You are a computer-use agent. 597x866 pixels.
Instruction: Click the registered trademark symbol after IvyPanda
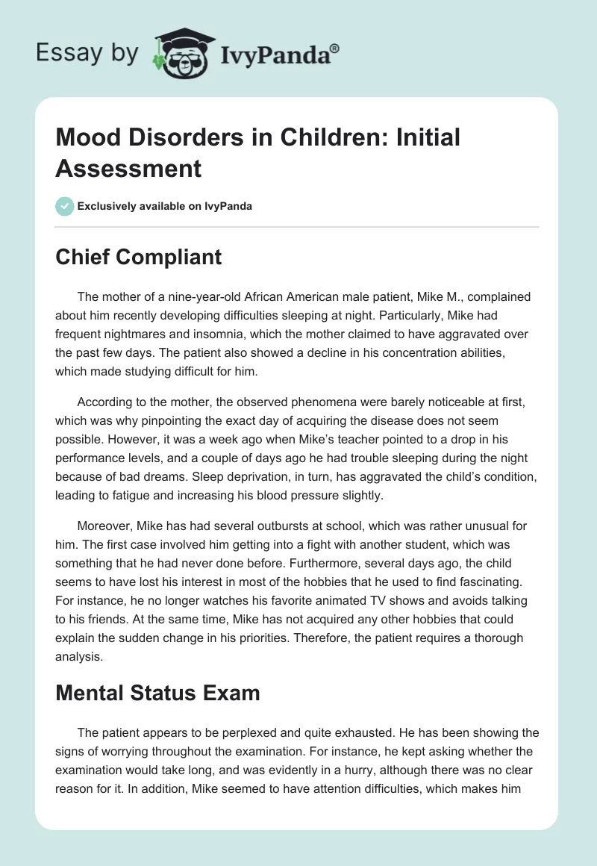tap(335, 47)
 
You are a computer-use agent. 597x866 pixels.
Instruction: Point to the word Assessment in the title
tap(129, 168)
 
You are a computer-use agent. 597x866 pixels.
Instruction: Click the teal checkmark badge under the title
tap(65, 206)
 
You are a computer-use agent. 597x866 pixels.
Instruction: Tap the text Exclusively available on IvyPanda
tap(164, 206)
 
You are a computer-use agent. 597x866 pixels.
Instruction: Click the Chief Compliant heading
tap(139, 257)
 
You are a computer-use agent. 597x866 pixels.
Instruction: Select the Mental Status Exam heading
tap(158, 693)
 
